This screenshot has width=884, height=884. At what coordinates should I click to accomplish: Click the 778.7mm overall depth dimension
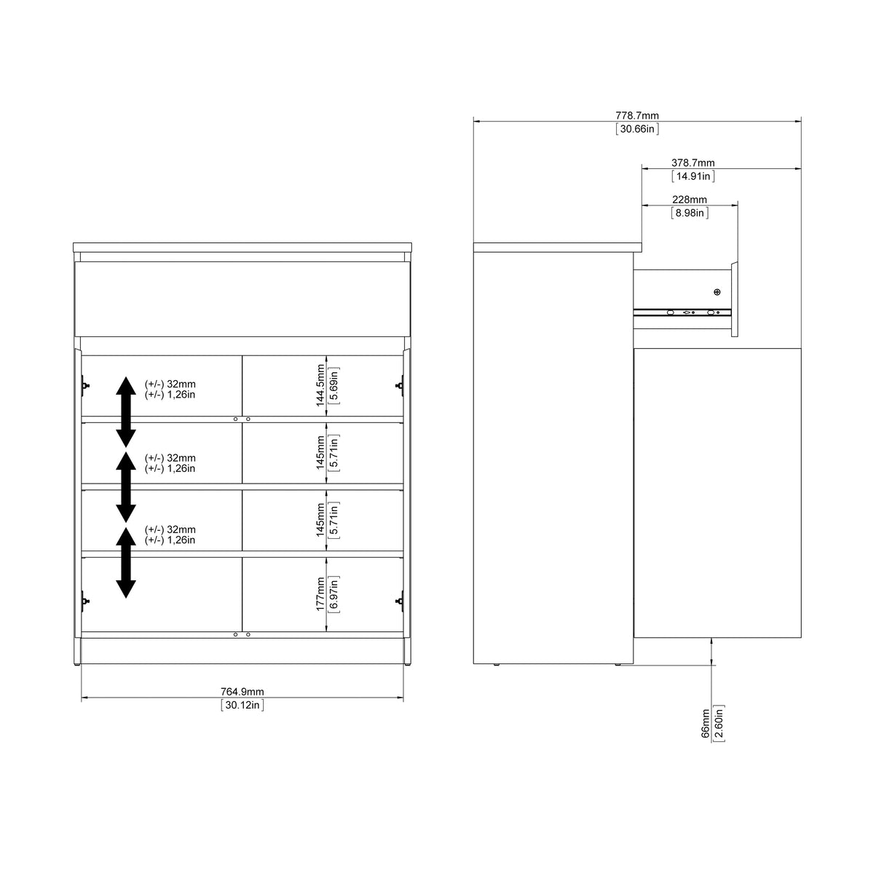(637, 116)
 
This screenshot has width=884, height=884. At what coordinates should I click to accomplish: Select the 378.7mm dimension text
(692, 163)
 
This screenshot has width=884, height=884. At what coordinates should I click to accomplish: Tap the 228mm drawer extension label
(689, 200)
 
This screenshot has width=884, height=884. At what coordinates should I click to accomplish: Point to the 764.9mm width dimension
(242, 692)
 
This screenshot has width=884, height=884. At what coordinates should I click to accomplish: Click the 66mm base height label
(705, 724)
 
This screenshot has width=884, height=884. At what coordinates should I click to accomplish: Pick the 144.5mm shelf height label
(320, 386)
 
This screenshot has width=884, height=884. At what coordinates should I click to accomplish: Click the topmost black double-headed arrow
(126, 411)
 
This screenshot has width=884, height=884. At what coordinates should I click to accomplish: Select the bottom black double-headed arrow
(126, 562)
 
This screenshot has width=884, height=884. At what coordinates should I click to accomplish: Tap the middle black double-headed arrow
(126, 486)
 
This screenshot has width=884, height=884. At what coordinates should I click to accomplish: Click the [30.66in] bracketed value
(637, 129)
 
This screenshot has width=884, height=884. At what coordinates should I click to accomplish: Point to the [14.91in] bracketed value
(692, 176)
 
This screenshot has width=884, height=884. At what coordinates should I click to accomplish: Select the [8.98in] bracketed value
(689, 213)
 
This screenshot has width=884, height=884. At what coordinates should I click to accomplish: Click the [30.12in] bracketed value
(242, 705)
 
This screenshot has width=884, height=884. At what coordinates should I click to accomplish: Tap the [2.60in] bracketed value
(719, 724)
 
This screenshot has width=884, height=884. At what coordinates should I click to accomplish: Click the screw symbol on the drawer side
(717, 292)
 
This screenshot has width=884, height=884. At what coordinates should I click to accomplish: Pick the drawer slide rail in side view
(681, 312)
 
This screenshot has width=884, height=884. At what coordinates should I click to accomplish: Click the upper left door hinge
(85, 385)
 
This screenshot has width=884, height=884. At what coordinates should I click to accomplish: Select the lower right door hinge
(399, 601)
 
